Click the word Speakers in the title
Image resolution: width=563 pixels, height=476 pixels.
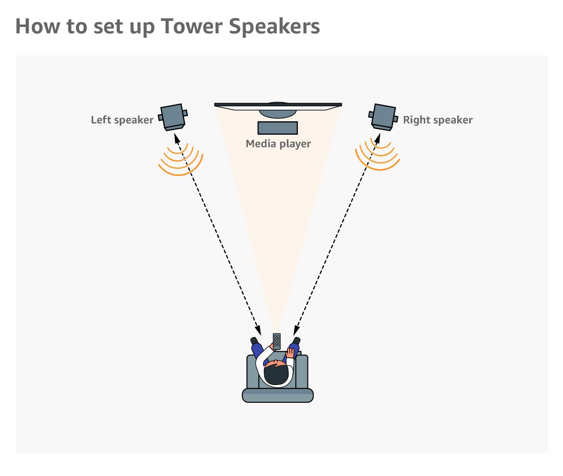(274, 27)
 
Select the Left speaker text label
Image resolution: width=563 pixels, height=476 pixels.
(122, 120)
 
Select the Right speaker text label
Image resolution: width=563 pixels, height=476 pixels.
(437, 120)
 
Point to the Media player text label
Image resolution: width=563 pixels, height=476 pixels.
(278, 144)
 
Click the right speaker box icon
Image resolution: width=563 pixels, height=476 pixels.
(383, 117)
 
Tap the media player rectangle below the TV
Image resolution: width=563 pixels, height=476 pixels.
(278, 128)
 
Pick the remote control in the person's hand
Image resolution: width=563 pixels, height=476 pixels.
(277, 341)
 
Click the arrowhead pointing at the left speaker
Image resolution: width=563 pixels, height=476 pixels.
(176, 137)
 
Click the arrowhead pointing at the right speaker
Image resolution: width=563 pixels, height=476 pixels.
(378, 137)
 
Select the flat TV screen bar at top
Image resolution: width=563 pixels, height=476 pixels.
(278, 105)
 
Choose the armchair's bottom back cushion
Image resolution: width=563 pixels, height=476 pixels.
(278, 395)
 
